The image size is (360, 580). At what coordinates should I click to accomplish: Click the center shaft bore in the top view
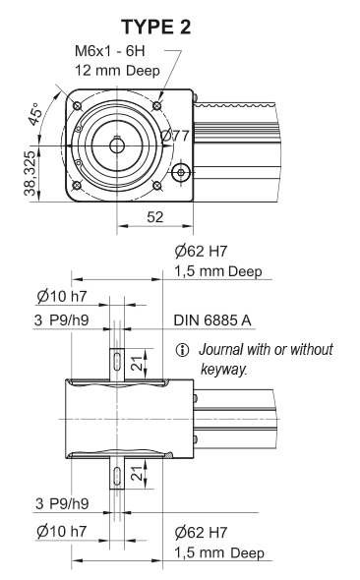click(117, 145)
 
